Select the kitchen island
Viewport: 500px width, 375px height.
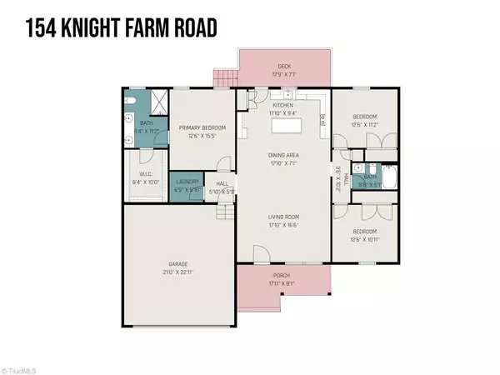tap(286, 127)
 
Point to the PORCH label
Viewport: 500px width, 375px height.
tap(285, 275)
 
